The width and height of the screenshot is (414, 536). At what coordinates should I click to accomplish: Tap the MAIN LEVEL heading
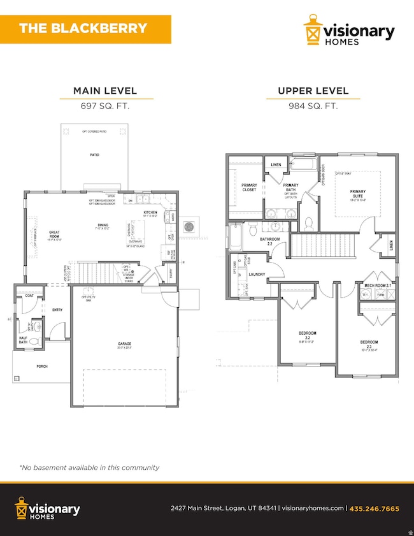106,91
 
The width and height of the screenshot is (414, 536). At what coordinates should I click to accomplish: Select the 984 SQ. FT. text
313,106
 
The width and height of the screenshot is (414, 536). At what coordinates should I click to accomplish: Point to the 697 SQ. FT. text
106,106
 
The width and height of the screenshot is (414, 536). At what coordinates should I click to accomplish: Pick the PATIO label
94,154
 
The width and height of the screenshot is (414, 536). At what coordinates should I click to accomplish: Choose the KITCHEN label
150,212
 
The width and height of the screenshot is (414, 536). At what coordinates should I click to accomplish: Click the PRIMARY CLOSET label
249,188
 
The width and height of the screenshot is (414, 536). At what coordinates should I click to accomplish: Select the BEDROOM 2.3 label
369,345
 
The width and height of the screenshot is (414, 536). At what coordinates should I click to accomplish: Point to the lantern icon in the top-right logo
312,33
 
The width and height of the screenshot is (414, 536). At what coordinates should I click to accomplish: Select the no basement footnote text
89,467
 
